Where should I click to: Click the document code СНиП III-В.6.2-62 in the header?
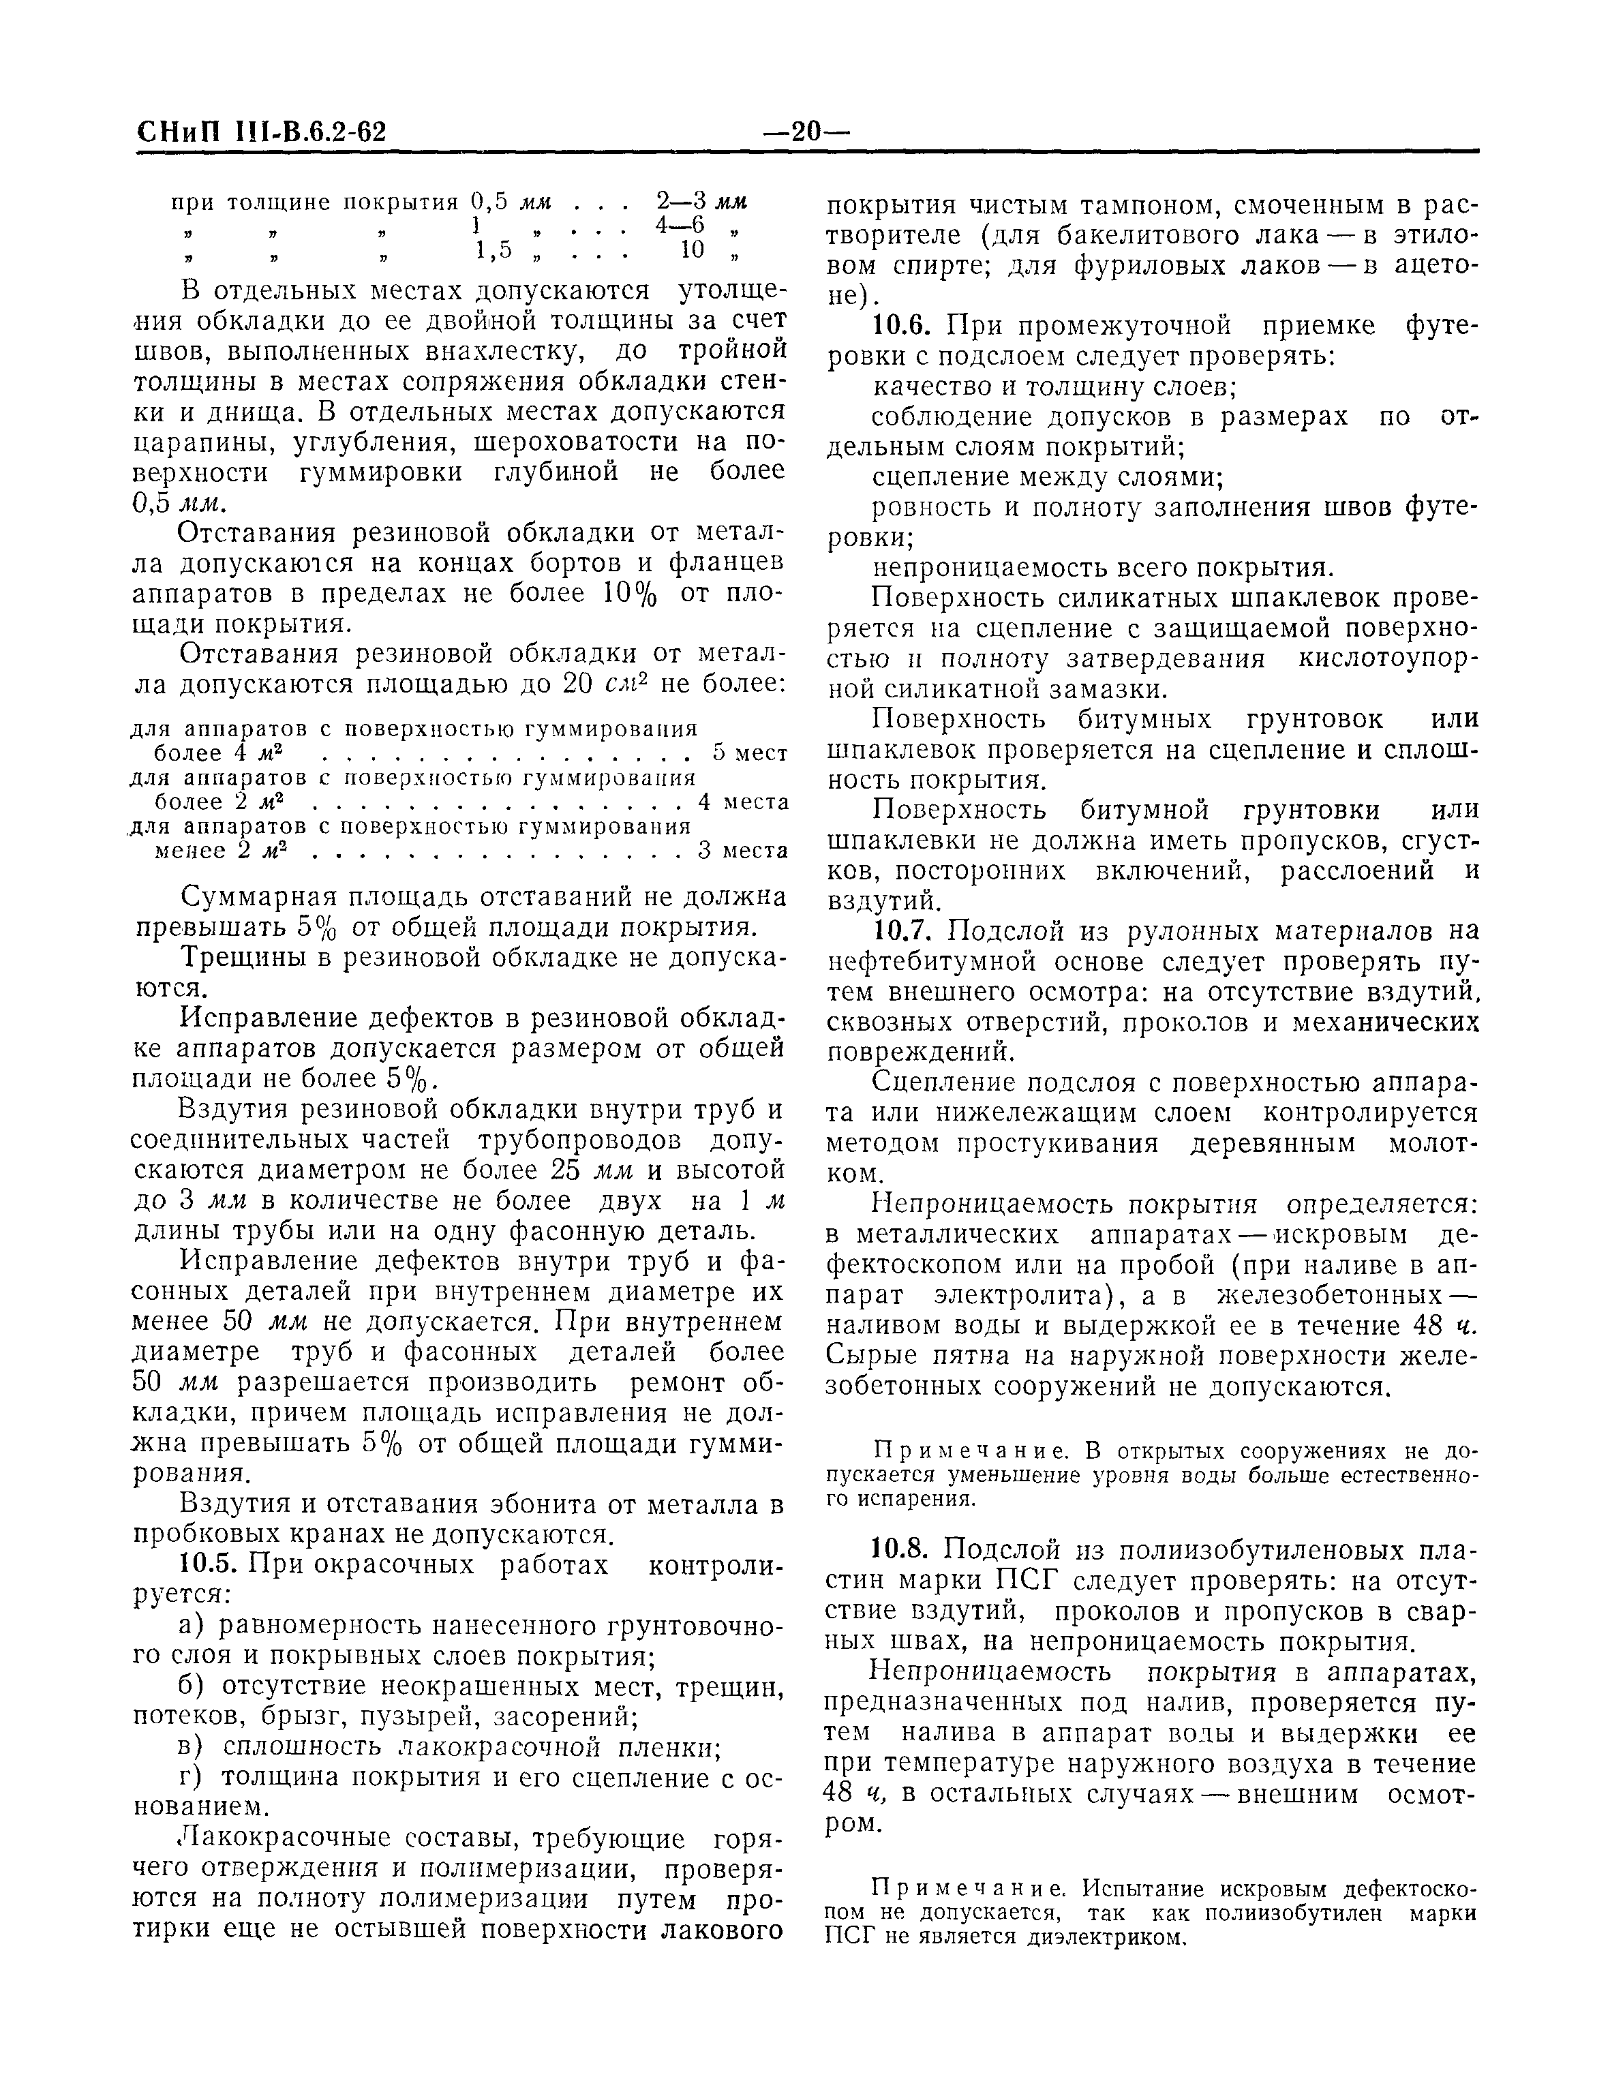click(x=260, y=132)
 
